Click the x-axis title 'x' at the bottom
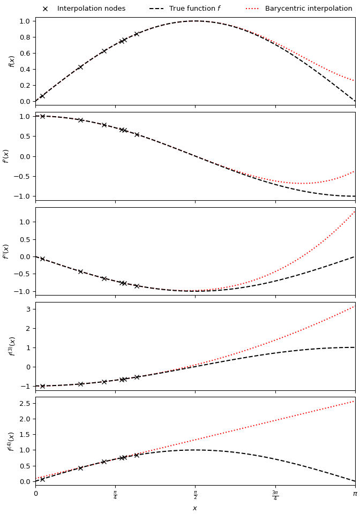click(x=195, y=508)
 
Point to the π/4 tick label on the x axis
click(x=115, y=495)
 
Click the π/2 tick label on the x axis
click(x=195, y=495)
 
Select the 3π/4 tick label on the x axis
click(x=275, y=495)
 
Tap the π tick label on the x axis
click(x=355, y=494)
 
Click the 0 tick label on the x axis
click(x=36, y=494)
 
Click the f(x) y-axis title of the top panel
click(x=12, y=61)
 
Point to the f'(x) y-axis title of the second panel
click(x=6, y=156)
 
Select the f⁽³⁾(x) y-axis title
click(x=12, y=346)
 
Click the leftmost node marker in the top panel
click(x=42, y=96)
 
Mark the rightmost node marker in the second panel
click(x=137, y=134)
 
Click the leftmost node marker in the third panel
click(x=42, y=259)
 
